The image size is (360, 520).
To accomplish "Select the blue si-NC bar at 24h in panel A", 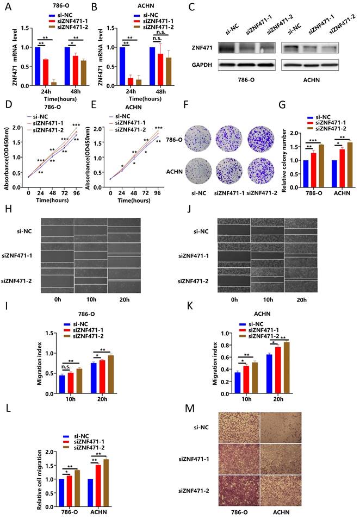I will (38, 66).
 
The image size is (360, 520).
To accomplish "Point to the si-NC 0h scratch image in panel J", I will (234, 230).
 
